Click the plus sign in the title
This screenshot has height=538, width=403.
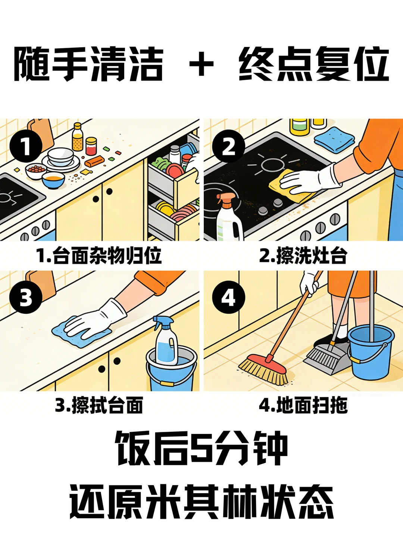pos(201,64)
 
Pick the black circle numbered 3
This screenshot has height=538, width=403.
pos(26,297)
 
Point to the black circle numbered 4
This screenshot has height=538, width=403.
pos(228,297)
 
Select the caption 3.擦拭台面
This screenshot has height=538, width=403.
pos(99,405)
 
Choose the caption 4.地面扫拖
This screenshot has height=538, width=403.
pos(303,405)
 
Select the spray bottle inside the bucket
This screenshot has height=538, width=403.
pos(166,341)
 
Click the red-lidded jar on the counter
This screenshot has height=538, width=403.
pos(91,146)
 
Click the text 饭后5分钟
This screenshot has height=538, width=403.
pos(201,449)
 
